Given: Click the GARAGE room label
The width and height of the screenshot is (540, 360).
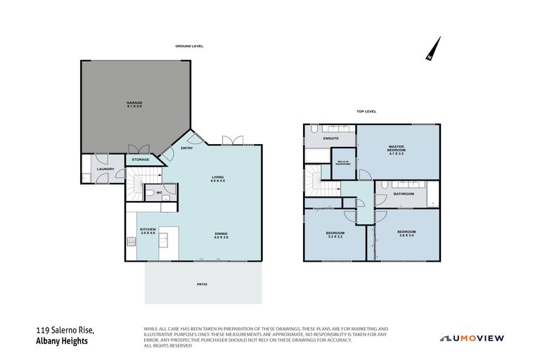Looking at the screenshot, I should [134, 105].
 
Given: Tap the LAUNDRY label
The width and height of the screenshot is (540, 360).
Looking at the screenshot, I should [105, 169].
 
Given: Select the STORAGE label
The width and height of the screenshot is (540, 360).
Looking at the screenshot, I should [140, 160].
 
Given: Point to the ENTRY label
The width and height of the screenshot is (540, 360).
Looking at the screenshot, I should [186, 148].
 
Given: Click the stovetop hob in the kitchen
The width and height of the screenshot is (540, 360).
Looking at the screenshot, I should [131, 241].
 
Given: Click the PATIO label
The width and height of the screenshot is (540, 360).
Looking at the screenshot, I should [202, 284].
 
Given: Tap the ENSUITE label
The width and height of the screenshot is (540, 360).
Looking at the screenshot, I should [330, 138].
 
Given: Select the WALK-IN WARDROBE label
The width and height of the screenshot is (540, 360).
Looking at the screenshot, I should [344, 163].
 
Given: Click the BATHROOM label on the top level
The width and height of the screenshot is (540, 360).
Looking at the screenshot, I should [404, 193].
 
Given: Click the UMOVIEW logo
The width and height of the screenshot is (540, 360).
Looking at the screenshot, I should [472, 337].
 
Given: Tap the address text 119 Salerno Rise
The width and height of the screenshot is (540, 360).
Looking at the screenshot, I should [65, 330].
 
